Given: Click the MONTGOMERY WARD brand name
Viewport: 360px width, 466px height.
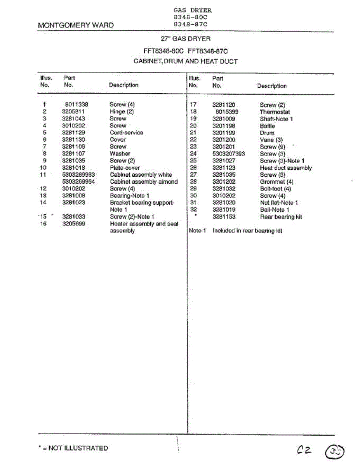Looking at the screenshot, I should tap(76, 25).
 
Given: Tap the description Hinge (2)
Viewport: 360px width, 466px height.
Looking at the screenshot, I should tap(122, 111).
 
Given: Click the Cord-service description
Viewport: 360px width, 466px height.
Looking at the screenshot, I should tap(126, 132).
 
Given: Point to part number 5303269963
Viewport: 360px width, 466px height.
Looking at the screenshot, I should tap(78, 175).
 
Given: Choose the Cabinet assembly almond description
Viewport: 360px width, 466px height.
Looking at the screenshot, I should tap(144, 182).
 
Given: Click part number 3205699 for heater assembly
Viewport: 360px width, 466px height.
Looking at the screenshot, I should tap(73, 224).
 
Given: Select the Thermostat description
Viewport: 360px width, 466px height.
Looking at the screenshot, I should tap(275, 112).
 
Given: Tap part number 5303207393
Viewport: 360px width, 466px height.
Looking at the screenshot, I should tap(229, 154).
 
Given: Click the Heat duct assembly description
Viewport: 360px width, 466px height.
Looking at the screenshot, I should tap(286, 168).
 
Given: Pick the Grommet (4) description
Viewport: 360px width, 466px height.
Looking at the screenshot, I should tap(277, 182).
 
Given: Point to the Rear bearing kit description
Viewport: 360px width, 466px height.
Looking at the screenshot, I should tap(281, 217).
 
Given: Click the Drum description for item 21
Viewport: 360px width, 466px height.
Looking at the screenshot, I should tap(267, 133).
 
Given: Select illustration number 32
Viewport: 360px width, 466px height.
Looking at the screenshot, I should tap(194, 210).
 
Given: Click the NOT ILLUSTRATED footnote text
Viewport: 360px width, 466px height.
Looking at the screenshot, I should tap(73, 448).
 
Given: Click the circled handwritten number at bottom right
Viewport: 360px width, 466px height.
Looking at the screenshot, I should tap(335, 452).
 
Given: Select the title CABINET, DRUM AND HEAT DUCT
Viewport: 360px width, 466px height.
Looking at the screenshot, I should tap(185, 61).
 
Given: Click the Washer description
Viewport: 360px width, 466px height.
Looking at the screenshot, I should tap(120, 153).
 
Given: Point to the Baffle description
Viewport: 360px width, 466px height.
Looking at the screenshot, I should tap(267, 126).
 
